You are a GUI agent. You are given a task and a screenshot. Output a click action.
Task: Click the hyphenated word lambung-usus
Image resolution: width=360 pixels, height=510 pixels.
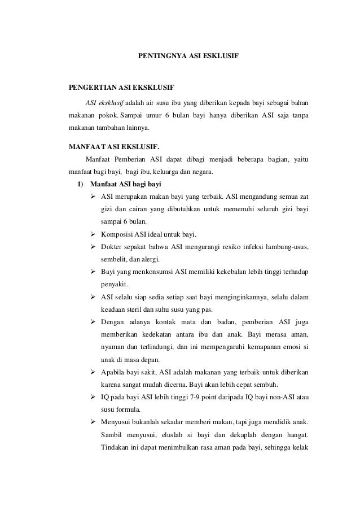pos(285,246)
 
